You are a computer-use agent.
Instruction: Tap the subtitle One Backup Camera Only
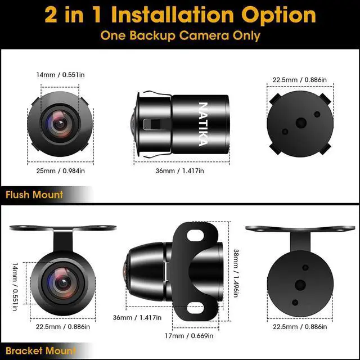coord(180,35)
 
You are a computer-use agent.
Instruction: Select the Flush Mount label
coord(34,195)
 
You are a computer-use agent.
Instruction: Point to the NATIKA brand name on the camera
coord(203,123)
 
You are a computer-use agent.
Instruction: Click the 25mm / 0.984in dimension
coord(57,171)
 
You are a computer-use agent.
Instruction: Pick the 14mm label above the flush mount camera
coord(57,74)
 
